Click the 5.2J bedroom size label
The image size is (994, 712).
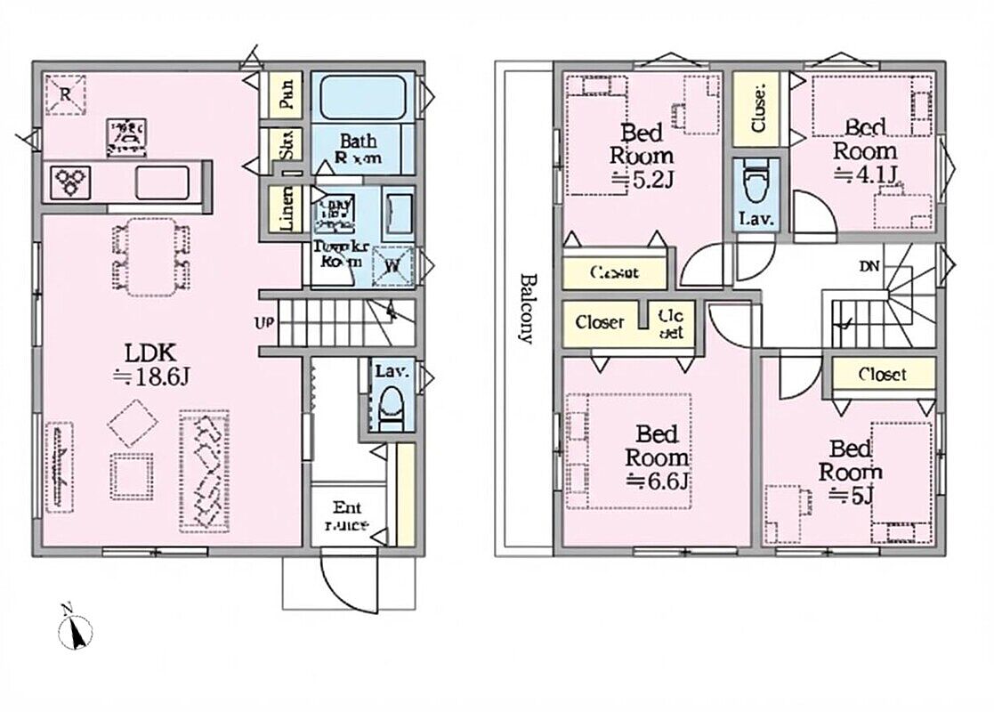click(642, 179)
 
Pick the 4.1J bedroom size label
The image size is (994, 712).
click(863, 174)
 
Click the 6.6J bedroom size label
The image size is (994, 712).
click(658, 483)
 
